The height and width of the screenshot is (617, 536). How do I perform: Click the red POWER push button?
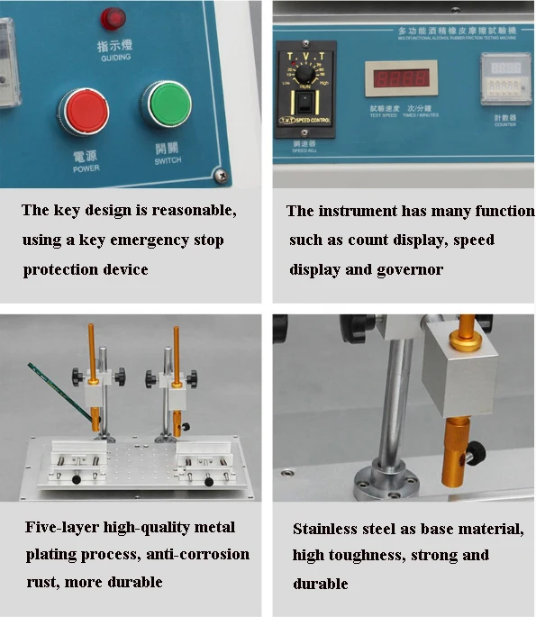(84, 111)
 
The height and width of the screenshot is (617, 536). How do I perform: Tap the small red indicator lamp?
(114, 17)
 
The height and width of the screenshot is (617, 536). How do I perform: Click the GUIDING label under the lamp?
(115, 57)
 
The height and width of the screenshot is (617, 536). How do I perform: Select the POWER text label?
(86, 168)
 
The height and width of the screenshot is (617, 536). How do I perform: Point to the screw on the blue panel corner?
(216, 175)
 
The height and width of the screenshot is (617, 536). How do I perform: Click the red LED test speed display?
(400, 78)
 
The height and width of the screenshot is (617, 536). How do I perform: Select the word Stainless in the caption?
(329, 529)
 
